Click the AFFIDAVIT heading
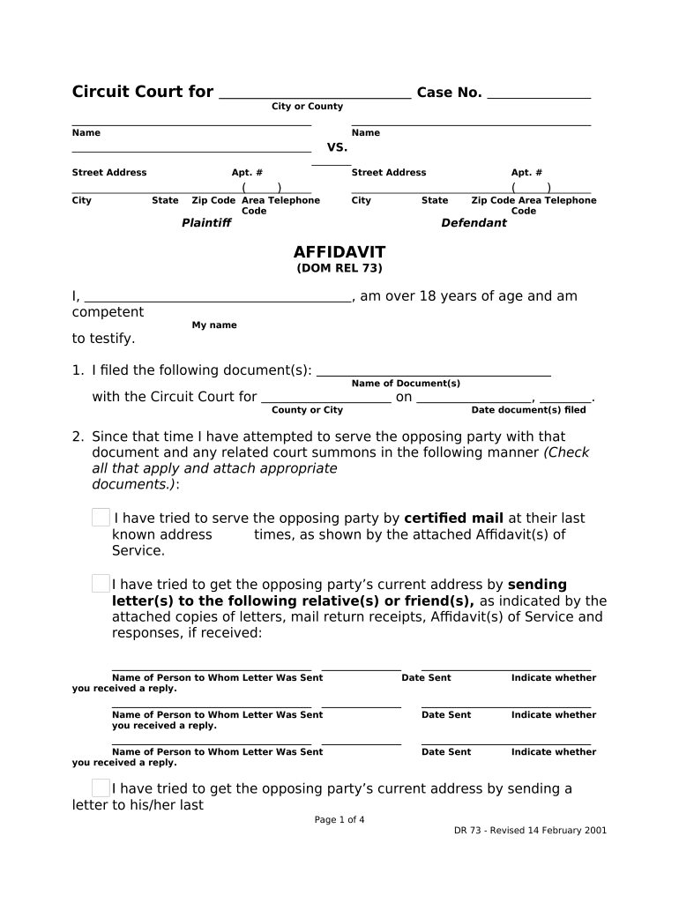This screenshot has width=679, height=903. point(339,252)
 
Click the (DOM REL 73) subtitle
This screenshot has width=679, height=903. point(339,269)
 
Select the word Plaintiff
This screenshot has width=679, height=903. point(205,223)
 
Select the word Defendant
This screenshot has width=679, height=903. point(474,223)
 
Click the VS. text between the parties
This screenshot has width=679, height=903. point(338,147)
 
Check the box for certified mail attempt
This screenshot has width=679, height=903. point(101,518)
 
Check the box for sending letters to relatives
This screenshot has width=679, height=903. point(101,584)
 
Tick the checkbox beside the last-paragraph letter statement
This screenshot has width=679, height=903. point(101,788)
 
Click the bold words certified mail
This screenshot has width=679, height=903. point(453,519)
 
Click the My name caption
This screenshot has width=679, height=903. point(214,325)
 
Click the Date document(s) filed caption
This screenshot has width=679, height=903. point(528,410)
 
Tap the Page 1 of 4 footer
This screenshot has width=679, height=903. point(339,820)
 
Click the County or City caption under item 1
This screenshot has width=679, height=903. point(307,410)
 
